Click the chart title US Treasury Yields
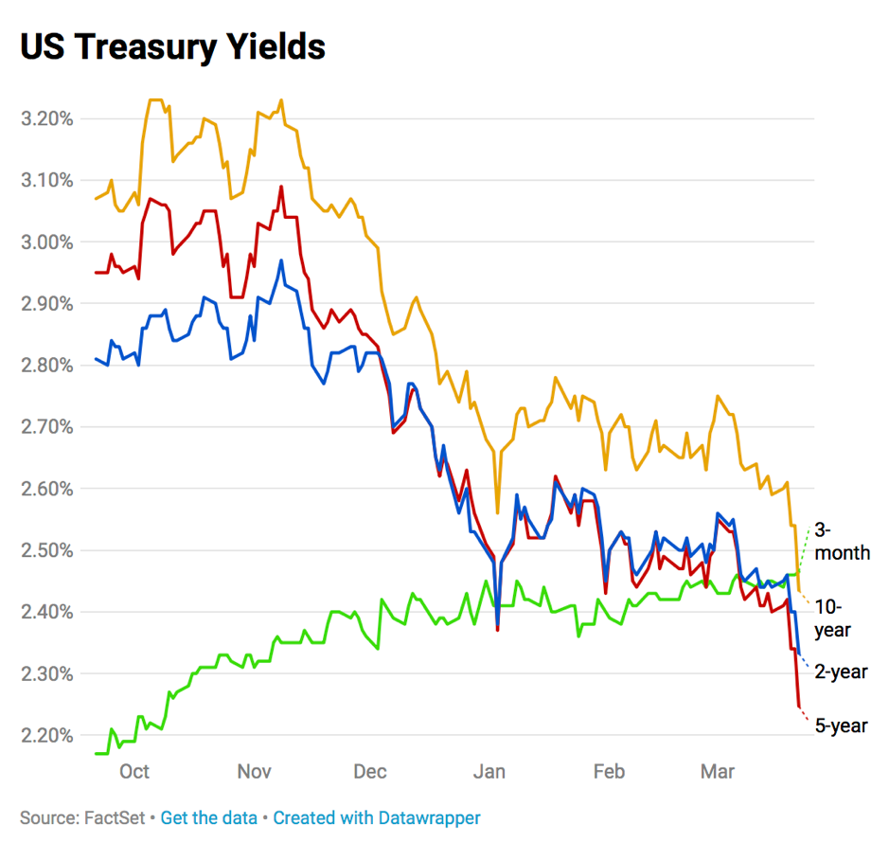tap(173, 46)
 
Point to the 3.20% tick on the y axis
tap(46, 118)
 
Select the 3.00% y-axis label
tap(46, 242)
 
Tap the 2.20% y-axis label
tap(46, 736)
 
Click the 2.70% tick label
tap(46, 427)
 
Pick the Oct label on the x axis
tap(134, 772)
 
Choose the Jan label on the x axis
tap(489, 772)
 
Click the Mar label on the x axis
tap(717, 772)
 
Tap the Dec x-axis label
tap(369, 772)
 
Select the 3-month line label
tap(842, 542)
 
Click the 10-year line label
tap(833, 618)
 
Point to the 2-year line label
tap(841, 672)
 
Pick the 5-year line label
tap(841, 726)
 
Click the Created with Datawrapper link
tap(377, 817)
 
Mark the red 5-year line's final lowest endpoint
tap(800, 706)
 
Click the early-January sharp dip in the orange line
tap(497, 511)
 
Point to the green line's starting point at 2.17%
tap(96, 753)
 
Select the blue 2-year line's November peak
tap(281, 260)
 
